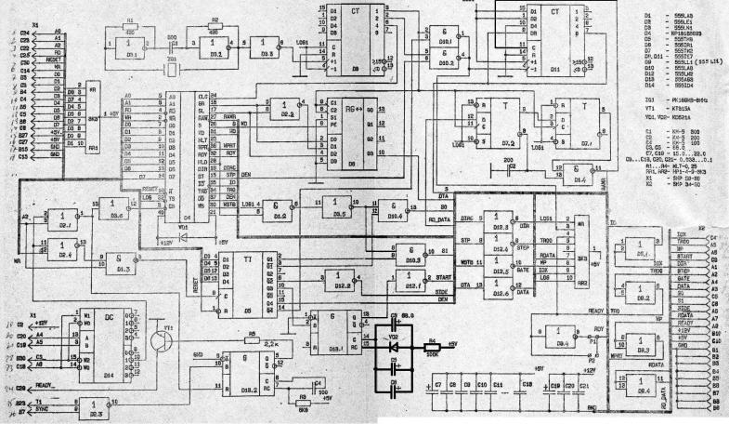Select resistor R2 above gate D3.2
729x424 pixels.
pos(215,27)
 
